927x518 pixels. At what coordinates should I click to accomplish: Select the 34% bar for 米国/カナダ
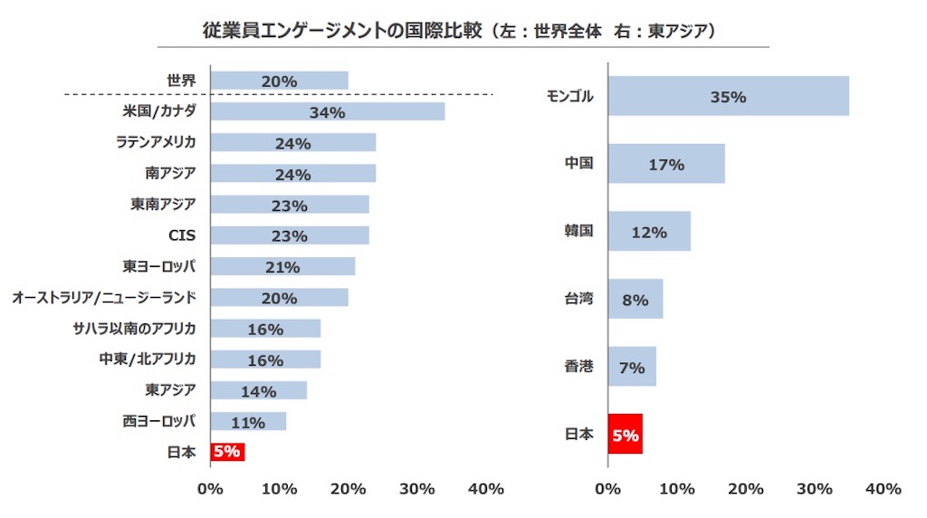tap(327, 111)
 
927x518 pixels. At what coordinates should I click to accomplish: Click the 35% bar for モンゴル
tap(728, 96)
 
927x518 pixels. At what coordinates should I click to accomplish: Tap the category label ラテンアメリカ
tap(157, 142)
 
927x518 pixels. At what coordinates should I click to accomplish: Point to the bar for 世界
tap(279, 81)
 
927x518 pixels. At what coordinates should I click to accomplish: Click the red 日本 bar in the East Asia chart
tap(625, 435)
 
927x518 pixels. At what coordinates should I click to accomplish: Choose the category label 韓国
tap(578, 231)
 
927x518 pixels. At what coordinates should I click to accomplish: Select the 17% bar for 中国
tap(666, 164)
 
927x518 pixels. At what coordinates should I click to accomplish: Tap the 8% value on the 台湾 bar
tap(636, 300)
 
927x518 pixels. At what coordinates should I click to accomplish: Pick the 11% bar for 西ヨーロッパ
tap(248, 422)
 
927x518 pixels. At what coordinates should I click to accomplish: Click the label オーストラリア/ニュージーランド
tap(104, 297)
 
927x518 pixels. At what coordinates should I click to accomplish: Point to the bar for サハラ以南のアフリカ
tap(265, 329)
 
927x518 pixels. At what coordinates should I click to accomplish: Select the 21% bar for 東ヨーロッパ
tap(282, 267)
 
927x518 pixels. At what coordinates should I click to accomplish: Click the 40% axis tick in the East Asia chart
tap(883, 489)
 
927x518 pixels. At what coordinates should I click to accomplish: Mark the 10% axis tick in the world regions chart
tap(279, 489)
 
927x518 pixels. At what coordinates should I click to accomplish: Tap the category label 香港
tap(578, 367)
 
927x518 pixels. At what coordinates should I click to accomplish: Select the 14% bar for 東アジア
tap(258, 391)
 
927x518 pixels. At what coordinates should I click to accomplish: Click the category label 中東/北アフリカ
tap(148, 360)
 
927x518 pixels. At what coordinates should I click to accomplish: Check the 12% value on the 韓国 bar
tap(649, 232)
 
